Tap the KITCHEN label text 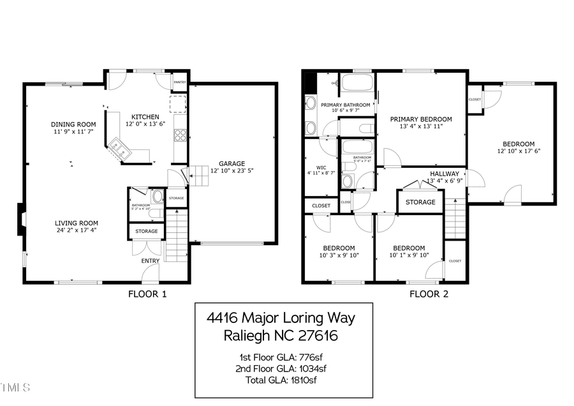(145, 117)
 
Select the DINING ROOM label (73, 124)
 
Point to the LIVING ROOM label (76, 223)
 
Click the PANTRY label (180, 82)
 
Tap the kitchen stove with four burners (180, 135)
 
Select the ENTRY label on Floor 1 (151, 260)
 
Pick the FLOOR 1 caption (147, 294)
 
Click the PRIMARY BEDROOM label (421, 119)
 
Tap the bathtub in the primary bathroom (357, 84)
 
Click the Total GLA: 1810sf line (283, 380)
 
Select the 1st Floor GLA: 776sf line (283, 357)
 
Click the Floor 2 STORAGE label (421, 202)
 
